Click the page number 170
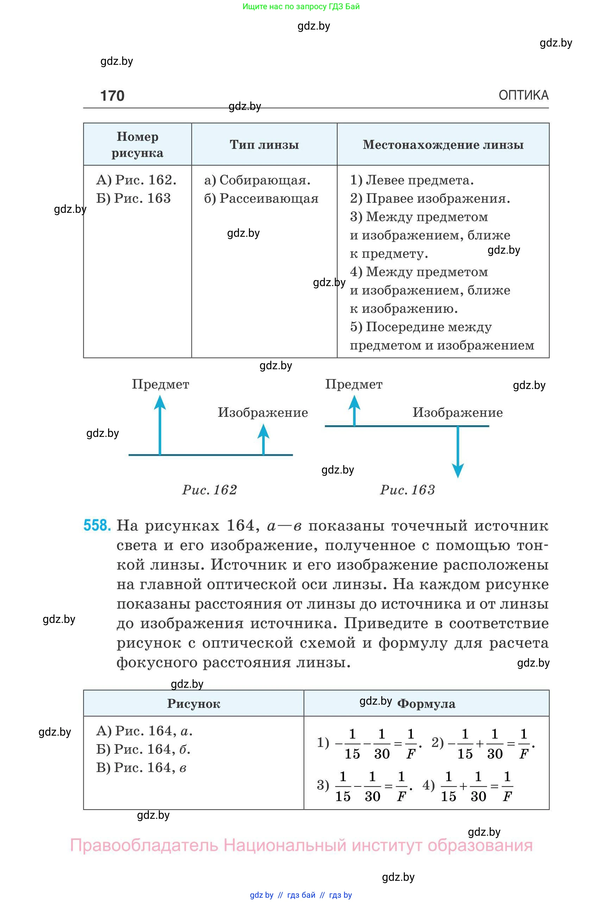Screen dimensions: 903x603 click(112, 95)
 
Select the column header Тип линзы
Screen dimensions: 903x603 click(264, 145)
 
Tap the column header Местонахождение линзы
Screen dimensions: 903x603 click(443, 145)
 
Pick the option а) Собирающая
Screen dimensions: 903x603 click(257, 180)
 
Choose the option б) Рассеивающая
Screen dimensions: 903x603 click(262, 199)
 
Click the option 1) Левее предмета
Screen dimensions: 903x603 click(412, 180)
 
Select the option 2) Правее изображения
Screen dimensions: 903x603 click(429, 199)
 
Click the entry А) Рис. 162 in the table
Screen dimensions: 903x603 click(136, 180)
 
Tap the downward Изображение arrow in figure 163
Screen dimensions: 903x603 click(458, 452)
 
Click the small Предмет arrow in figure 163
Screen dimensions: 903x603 click(354, 411)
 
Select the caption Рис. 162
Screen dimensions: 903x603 click(209, 490)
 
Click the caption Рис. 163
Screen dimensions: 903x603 click(408, 490)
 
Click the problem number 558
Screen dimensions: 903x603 click(97, 525)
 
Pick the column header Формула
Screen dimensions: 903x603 click(426, 704)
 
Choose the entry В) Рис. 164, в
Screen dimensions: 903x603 click(141, 768)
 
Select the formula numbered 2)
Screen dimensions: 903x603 click(483, 743)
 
